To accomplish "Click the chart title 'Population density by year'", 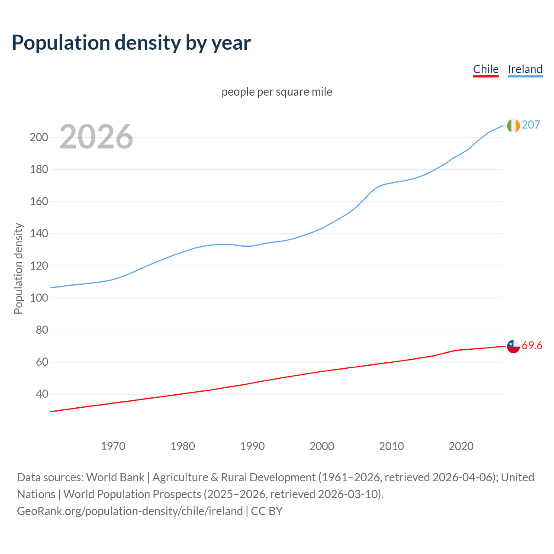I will (131, 42).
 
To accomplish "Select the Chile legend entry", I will (486, 69).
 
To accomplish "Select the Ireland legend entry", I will (525, 69).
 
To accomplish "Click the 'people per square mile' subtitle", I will (277, 92).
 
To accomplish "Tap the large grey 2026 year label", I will (96, 137).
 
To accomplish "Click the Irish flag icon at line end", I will (513, 126).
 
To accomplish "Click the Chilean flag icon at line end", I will (513, 346).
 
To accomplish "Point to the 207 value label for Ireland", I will (531, 125).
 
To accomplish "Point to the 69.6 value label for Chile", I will (532, 346).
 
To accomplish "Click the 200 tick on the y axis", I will (39, 137).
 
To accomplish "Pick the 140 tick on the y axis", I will (39, 234).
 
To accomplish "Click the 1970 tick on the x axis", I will (113, 446).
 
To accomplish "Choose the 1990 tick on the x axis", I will (252, 446).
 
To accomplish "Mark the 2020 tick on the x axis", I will (461, 446).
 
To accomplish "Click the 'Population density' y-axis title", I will (18, 268).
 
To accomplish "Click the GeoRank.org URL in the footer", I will (130, 511).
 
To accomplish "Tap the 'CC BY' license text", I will (267, 511).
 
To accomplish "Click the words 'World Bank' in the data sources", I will (115, 477).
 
